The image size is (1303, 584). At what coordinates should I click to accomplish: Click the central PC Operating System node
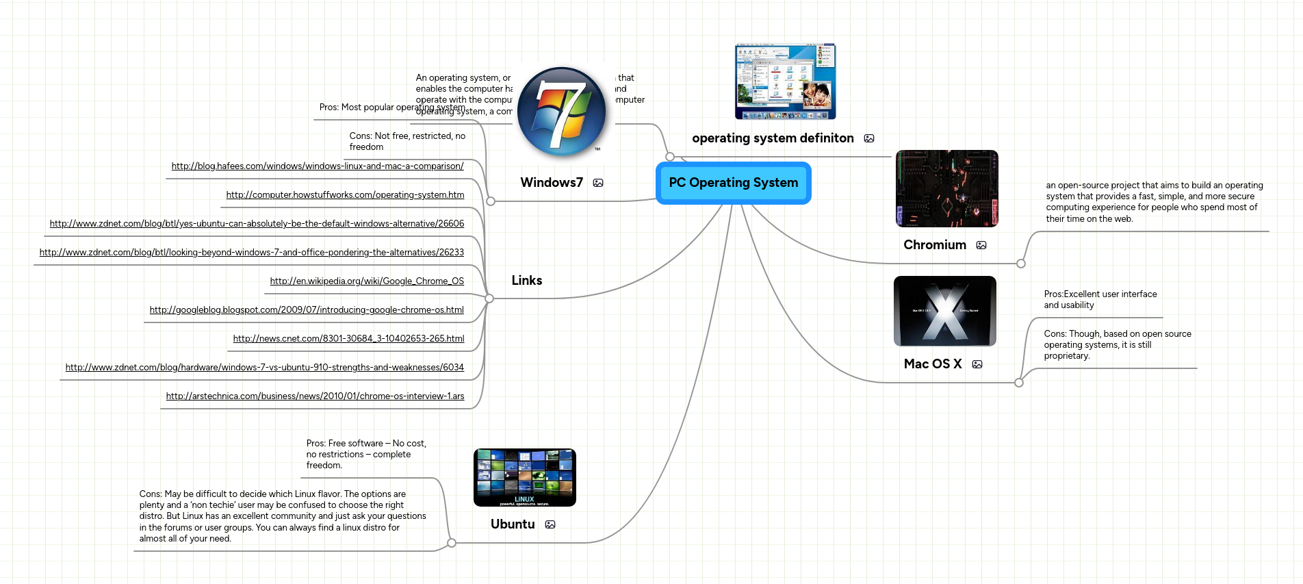[733, 183]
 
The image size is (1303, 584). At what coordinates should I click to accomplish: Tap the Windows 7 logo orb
[562, 112]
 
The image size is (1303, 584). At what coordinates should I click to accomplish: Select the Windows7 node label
[552, 183]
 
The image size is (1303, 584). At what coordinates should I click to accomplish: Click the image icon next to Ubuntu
[550, 524]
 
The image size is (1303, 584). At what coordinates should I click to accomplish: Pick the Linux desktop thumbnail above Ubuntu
[524, 477]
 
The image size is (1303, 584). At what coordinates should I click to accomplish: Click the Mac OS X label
[933, 364]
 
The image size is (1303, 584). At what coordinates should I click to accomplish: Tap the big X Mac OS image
[944, 311]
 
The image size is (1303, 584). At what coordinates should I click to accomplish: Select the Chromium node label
[935, 245]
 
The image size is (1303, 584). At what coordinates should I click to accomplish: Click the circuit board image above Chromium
[946, 188]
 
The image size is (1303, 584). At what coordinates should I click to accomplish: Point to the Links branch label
[526, 281]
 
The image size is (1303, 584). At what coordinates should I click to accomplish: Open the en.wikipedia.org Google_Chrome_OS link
[367, 281]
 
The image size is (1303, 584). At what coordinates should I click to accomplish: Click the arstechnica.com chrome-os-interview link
[315, 396]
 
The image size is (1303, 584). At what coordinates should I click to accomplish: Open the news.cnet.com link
[348, 339]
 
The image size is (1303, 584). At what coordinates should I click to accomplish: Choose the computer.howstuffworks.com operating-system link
[345, 195]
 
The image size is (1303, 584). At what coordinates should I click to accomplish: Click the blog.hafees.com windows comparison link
[318, 166]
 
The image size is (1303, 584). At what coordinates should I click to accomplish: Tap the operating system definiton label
[773, 138]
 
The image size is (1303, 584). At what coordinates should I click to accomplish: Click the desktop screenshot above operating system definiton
[785, 81]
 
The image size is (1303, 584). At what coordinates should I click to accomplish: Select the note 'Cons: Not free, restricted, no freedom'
[407, 142]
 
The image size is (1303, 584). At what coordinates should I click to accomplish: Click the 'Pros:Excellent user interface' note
[1100, 300]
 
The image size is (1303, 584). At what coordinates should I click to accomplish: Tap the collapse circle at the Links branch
[489, 299]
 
